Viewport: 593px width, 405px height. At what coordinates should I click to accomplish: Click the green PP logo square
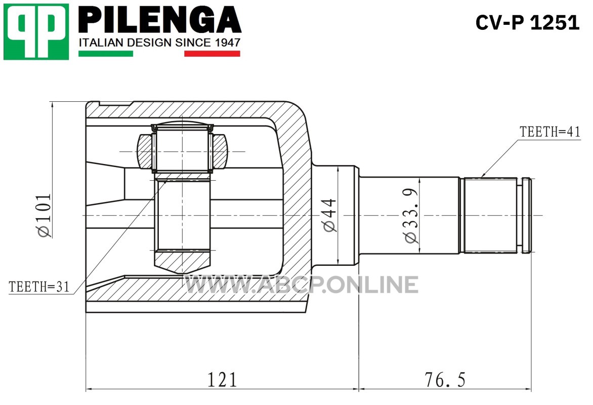(x=36, y=32)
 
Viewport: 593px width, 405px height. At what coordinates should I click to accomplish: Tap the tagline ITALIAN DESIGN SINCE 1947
(x=159, y=43)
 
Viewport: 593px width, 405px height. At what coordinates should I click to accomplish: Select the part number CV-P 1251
(x=527, y=23)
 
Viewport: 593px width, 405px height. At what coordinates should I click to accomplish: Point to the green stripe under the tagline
(x=106, y=54)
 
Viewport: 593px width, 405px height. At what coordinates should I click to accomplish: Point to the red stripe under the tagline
(x=212, y=54)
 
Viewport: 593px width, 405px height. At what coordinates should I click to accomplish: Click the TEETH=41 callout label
(x=550, y=132)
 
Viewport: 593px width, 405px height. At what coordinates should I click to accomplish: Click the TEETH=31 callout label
(x=39, y=287)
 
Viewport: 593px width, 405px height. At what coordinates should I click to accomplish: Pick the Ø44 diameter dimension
(x=329, y=215)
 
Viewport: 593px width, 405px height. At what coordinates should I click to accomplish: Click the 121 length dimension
(x=223, y=380)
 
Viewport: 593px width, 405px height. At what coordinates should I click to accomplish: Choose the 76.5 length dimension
(x=445, y=380)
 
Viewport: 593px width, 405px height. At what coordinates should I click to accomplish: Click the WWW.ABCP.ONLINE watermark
(x=301, y=285)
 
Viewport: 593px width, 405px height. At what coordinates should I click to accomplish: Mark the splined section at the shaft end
(x=490, y=215)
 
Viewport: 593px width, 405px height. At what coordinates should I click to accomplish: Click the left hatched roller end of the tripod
(x=145, y=151)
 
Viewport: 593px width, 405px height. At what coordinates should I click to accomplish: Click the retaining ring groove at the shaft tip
(x=520, y=215)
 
